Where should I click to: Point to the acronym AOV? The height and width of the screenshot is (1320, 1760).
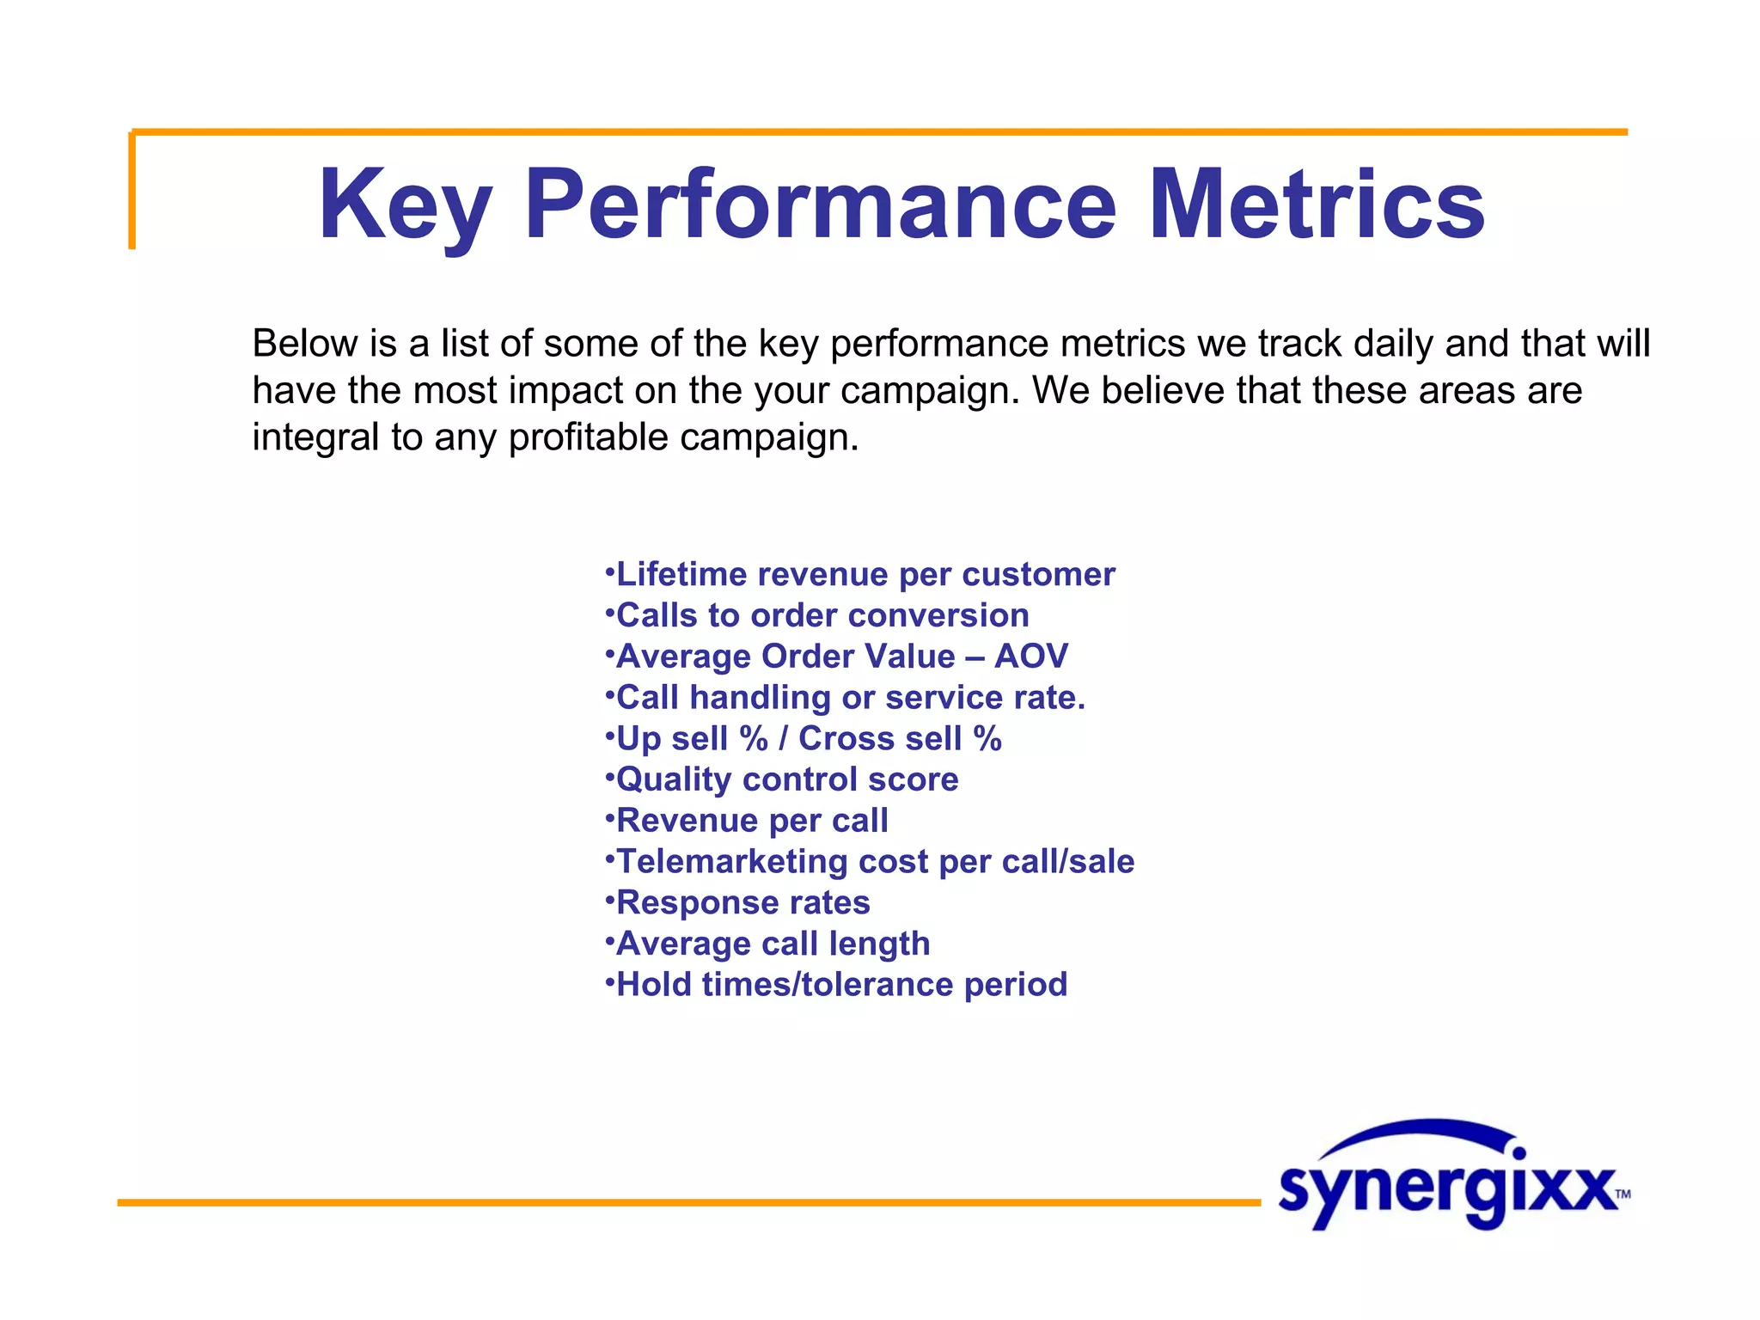pos(1030,657)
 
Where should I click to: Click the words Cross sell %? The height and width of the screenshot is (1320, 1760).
pos(900,738)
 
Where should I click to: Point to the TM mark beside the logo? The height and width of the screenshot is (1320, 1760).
pos(1622,1194)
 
